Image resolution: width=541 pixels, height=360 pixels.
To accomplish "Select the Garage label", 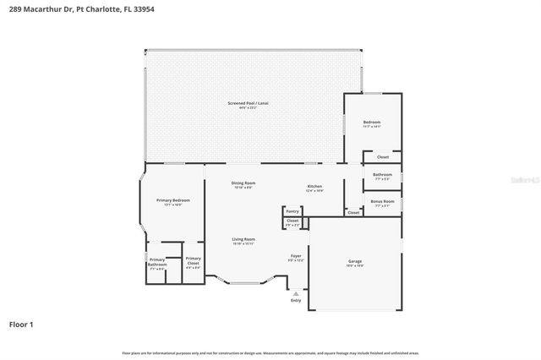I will point(355,263).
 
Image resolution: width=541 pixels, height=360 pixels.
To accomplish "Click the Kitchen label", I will point(314,187).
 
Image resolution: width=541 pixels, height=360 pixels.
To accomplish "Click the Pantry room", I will point(292,211).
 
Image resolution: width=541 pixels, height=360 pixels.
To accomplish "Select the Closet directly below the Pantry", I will point(292,223).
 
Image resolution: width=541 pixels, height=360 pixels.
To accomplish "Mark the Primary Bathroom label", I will point(157,264).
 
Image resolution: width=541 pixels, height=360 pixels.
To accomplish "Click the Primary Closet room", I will point(193,261).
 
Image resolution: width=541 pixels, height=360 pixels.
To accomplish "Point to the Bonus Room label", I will point(382,202).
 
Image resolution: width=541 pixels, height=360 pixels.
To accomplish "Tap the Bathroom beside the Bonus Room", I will point(382,176).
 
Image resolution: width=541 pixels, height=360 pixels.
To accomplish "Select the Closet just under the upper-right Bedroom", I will point(383,157).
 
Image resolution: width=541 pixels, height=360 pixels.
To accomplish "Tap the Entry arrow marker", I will point(295,293).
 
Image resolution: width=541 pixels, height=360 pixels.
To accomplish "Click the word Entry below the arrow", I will point(295,301).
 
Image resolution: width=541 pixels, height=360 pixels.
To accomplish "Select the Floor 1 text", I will point(21,325).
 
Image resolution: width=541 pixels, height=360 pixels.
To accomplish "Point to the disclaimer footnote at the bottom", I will point(270,353).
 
